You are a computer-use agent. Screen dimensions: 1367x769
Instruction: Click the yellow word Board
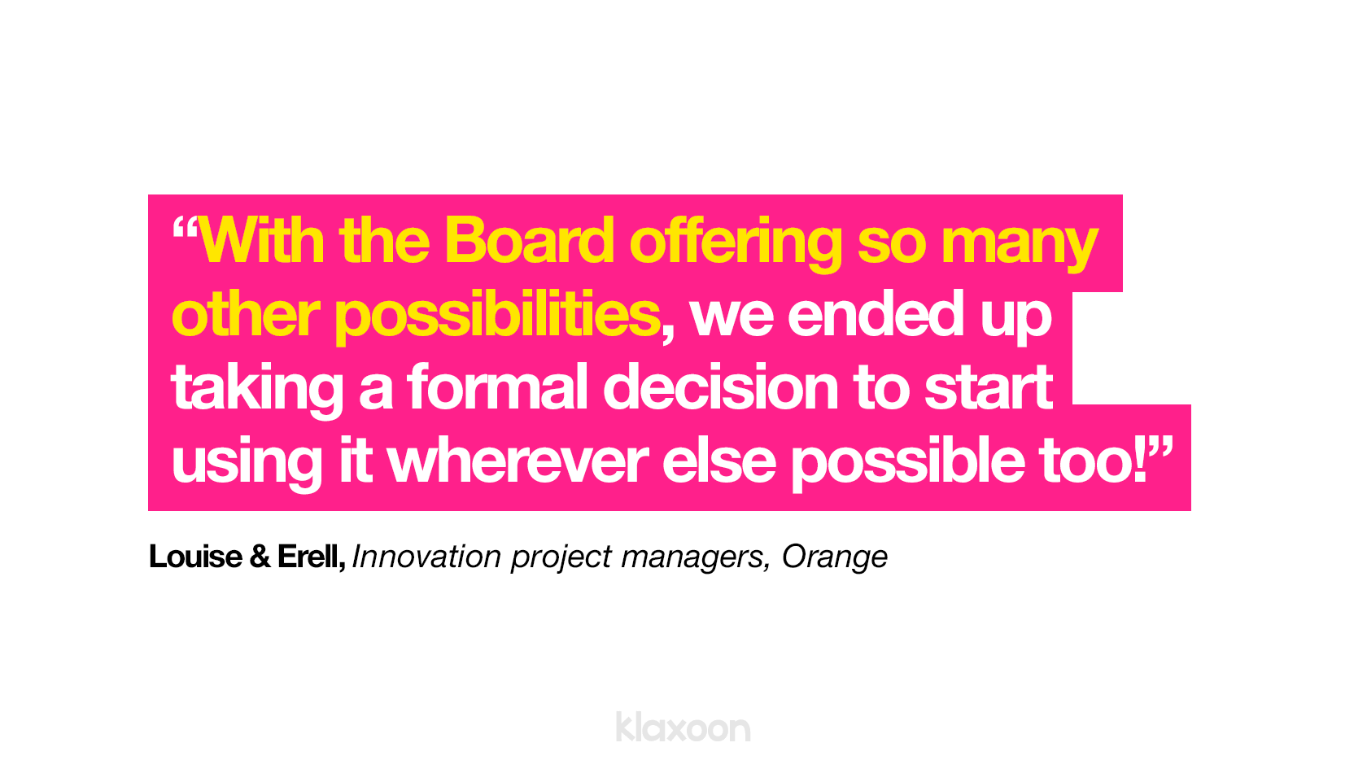(x=529, y=241)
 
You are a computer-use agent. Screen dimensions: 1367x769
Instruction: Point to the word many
(x=1020, y=247)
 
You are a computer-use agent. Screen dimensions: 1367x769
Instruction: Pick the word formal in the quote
(x=497, y=387)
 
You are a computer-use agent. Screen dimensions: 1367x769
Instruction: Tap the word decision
(x=720, y=387)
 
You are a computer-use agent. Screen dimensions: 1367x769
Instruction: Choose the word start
(x=988, y=389)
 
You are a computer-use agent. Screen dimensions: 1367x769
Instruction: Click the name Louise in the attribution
(x=195, y=557)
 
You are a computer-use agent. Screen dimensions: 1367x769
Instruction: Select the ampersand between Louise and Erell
(x=260, y=557)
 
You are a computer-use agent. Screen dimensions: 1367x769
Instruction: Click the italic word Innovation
(x=426, y=557)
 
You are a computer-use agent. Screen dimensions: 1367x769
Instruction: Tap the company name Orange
(x=834, y=558)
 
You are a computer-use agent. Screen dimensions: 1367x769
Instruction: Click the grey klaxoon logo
(x=683, y=727)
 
